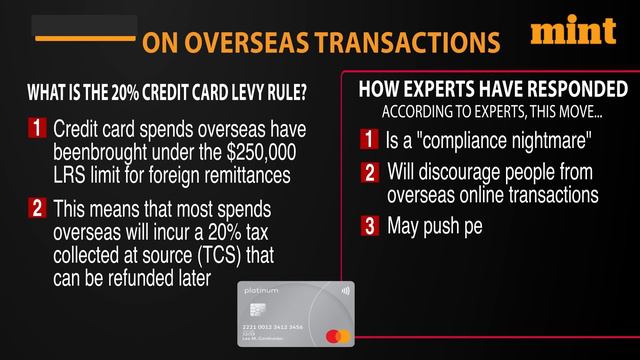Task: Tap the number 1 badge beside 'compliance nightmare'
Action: coord(370,136)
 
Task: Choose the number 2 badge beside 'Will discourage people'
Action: coord(370,172)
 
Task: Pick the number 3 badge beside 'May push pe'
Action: coord(370,226)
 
